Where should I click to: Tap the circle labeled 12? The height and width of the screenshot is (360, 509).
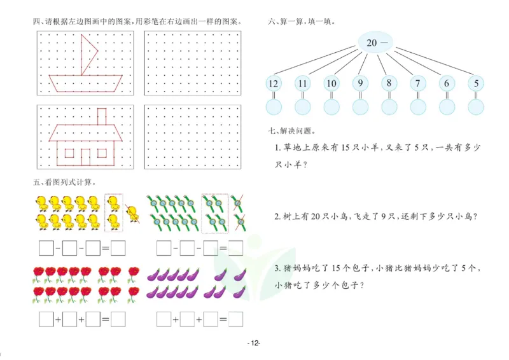coord(274,83)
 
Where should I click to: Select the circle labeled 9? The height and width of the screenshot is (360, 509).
coord(360,83)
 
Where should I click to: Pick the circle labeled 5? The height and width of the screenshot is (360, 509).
coord(475,83)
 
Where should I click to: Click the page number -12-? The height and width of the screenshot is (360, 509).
coord(254,343)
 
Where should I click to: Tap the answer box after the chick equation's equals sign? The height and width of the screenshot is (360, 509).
coord(118,247)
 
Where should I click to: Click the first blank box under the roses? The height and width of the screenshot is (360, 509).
coord(45,318)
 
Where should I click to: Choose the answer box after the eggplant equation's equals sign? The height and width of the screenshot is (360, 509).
coord(236,318)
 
